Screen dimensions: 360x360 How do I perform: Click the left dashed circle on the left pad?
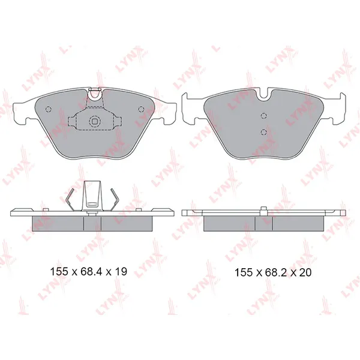tap(49, 109)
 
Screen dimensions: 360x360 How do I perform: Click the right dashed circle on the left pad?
tap(141, 109)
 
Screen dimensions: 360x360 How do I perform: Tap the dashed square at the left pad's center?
tap(95, 121)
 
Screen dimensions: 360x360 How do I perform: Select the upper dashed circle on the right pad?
tap(264, 116)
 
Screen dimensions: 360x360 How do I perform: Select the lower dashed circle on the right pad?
tap(264, 132)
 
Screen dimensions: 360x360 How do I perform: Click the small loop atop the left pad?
tap(95, 94)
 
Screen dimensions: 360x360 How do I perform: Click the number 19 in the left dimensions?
tap(121, 272)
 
